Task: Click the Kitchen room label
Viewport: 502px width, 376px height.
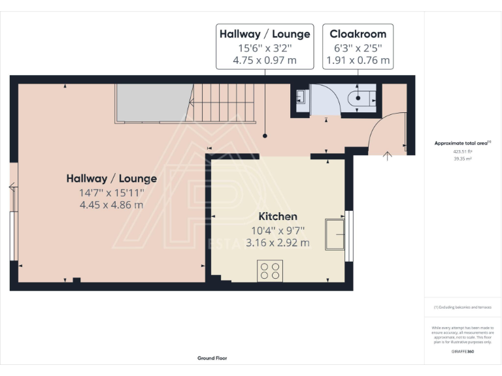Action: [278, 216]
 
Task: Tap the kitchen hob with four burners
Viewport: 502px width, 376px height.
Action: [270, 270]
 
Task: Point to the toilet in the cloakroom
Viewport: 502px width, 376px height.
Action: [361, 100]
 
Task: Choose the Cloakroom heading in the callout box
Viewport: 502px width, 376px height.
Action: [358, 34]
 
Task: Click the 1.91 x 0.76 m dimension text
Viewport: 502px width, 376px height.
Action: [358, 61]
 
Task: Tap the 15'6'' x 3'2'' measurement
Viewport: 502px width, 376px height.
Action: [265, 48]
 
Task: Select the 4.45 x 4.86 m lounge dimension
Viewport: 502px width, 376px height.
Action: [111, 204]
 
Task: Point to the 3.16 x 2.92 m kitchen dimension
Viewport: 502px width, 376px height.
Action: [278, 243]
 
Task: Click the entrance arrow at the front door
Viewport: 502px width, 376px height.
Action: [386, 155]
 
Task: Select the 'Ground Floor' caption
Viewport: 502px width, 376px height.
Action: [212, 358]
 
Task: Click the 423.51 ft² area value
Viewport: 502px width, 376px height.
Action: [463, 151]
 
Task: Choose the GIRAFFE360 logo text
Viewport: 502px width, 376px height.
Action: [463, 352]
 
